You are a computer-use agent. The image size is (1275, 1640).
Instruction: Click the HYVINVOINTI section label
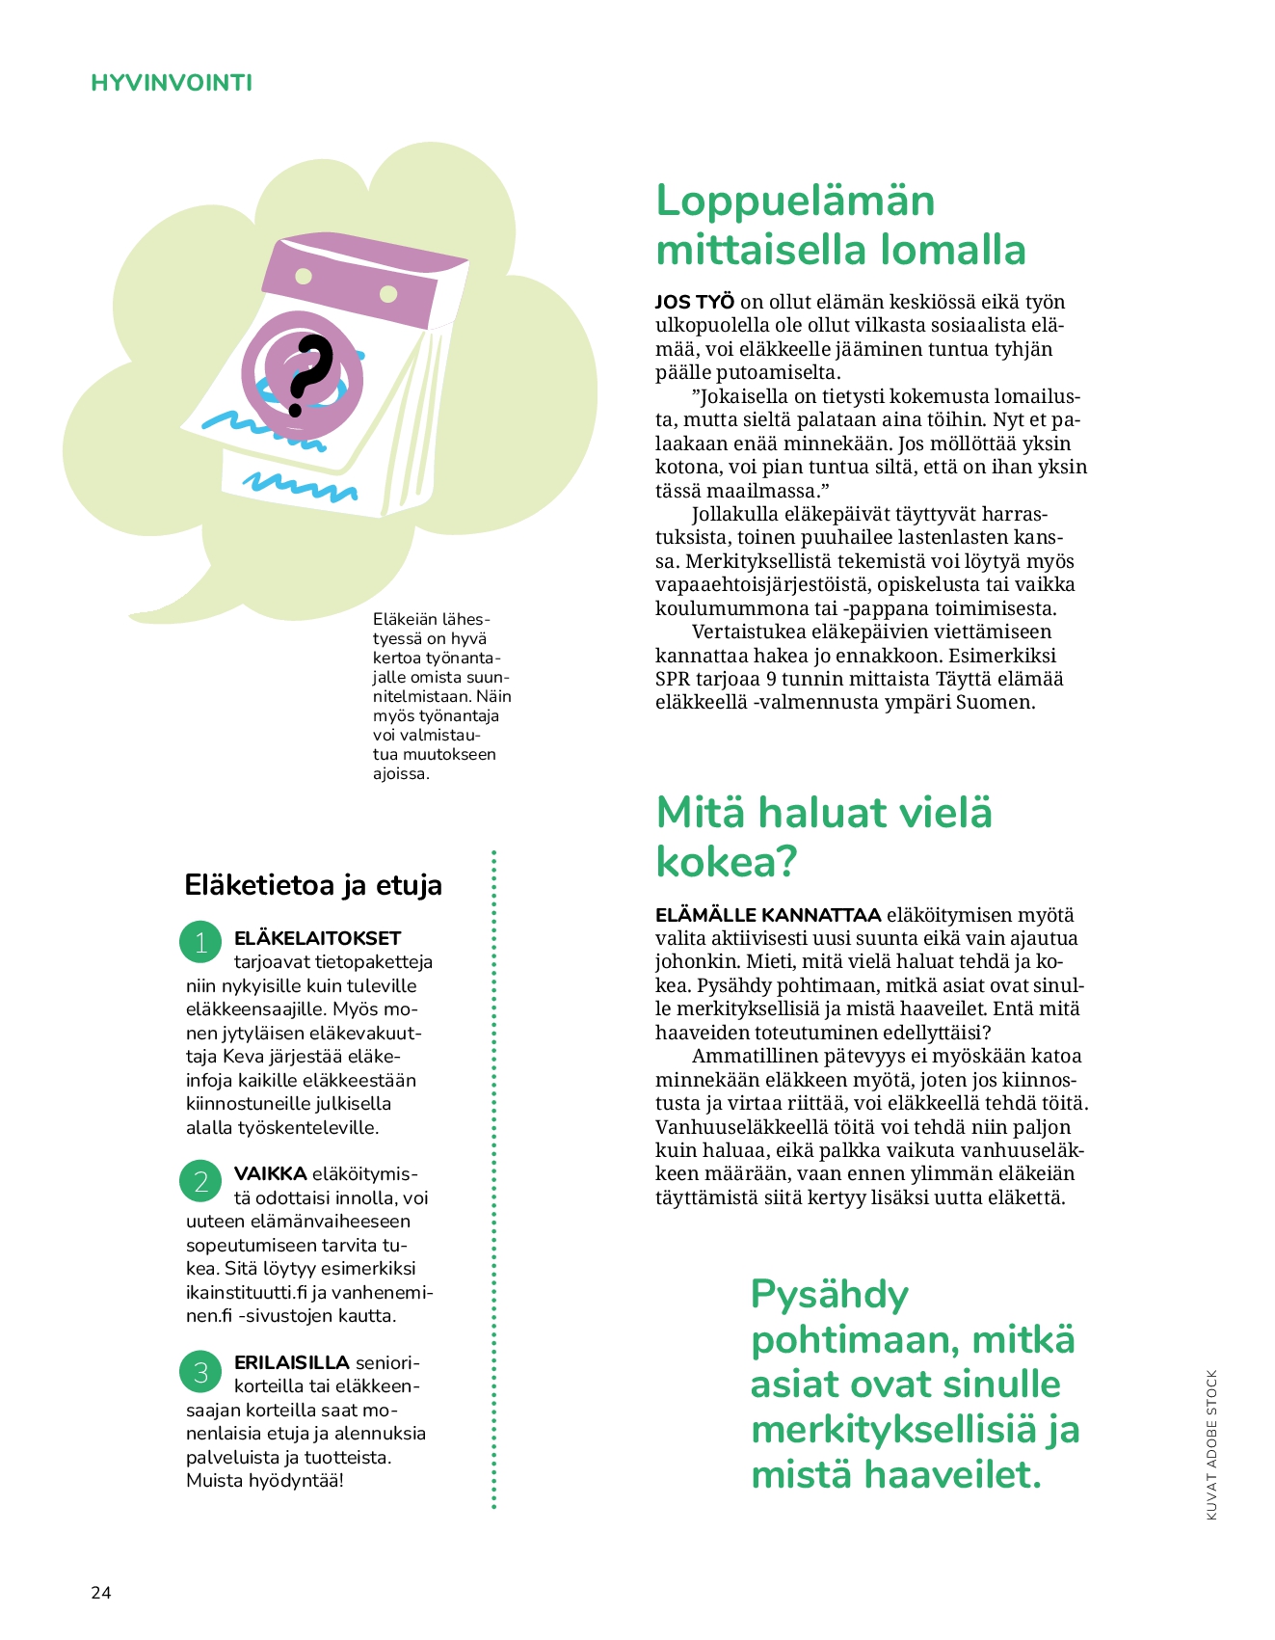(172, 83)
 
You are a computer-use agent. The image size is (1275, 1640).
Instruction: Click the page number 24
(101, 1592)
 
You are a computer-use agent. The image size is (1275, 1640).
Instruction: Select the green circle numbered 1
(200, 942)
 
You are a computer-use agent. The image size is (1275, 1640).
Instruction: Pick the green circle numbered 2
(200, 1180)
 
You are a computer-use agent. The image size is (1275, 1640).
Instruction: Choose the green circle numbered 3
(200, 1371)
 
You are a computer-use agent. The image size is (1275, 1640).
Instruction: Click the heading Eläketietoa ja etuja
(312, 884)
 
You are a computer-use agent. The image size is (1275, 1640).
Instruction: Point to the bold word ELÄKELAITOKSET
(317, 938)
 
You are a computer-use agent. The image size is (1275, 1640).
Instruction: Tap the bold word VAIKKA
(270, 1173)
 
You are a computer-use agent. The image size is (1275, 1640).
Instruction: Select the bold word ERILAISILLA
(291, 1362)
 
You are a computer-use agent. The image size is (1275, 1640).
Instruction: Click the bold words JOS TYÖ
(694, 302)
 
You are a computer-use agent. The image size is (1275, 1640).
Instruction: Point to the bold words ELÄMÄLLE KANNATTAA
(768, 915)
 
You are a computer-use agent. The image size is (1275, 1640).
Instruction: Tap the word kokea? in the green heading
(726, 861)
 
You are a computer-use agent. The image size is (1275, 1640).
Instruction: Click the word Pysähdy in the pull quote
(829, 1294)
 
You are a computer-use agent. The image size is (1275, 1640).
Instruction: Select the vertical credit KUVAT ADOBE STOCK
(1211, 1443)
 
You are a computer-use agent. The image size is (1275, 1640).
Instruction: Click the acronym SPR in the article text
(672, 679)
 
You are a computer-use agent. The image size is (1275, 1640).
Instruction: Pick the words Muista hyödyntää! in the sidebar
(265, 1480)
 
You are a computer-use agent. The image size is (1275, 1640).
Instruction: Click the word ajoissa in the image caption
(400, 773)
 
